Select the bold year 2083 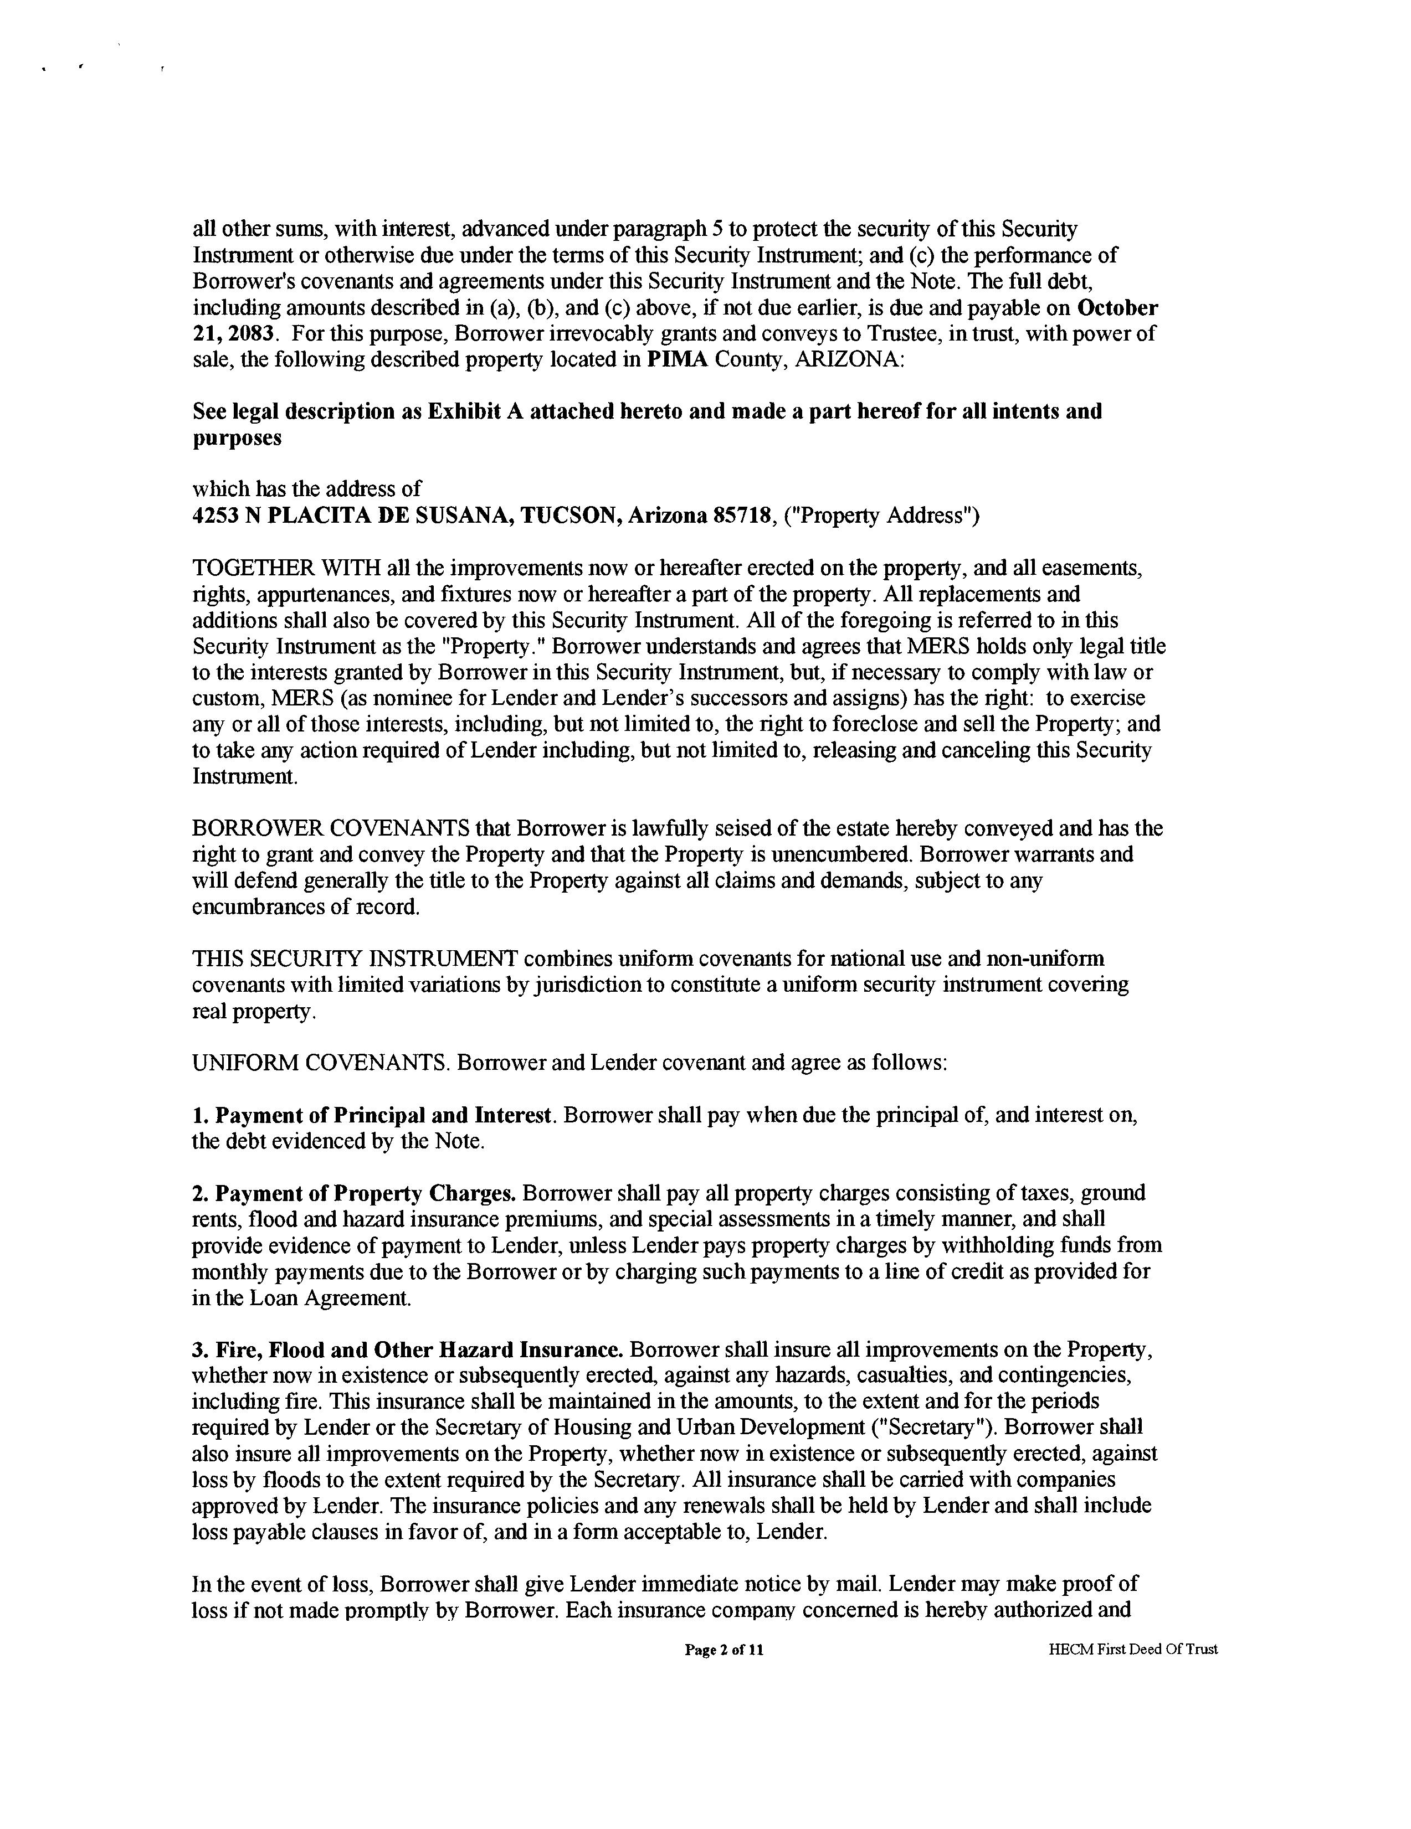pyautogui.click(x=252, y=333)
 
